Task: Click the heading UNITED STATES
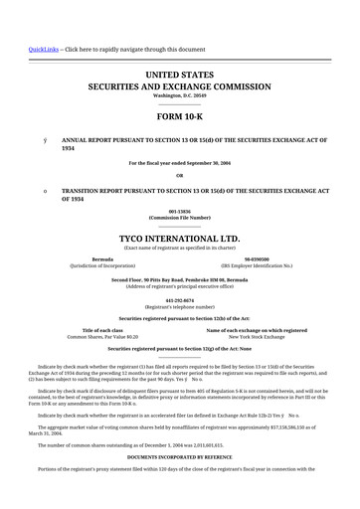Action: pyautogui.click(x=179, y=76)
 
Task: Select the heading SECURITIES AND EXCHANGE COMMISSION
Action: pyautogui.click(x=179, y=86)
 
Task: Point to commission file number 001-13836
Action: pyautogui.click(x=179, y=211)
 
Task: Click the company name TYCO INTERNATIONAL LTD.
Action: pyautogui.click(x=179, y=239)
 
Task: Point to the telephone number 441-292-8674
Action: pyautogui.click(x=179, y=300)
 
